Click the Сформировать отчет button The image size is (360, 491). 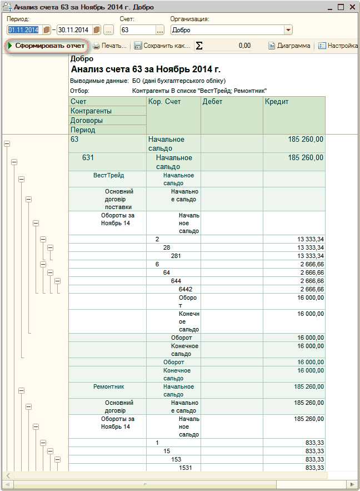(47, 46)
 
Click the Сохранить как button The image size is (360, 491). (162, 46)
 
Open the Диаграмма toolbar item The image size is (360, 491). (289, 46)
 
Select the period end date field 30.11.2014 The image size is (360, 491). (74, 29)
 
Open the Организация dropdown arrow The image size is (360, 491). (288, 30)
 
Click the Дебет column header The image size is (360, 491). (212, 102)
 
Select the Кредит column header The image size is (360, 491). (277, 102)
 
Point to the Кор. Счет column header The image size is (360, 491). (165, 102)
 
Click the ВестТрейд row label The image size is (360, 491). (108, 175)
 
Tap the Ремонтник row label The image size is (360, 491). (108, 386)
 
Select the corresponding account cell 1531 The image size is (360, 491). (186, 468)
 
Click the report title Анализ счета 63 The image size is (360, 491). (146, 70)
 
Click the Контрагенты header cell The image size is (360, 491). (91, 111)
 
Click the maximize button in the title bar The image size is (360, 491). (341, 7)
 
